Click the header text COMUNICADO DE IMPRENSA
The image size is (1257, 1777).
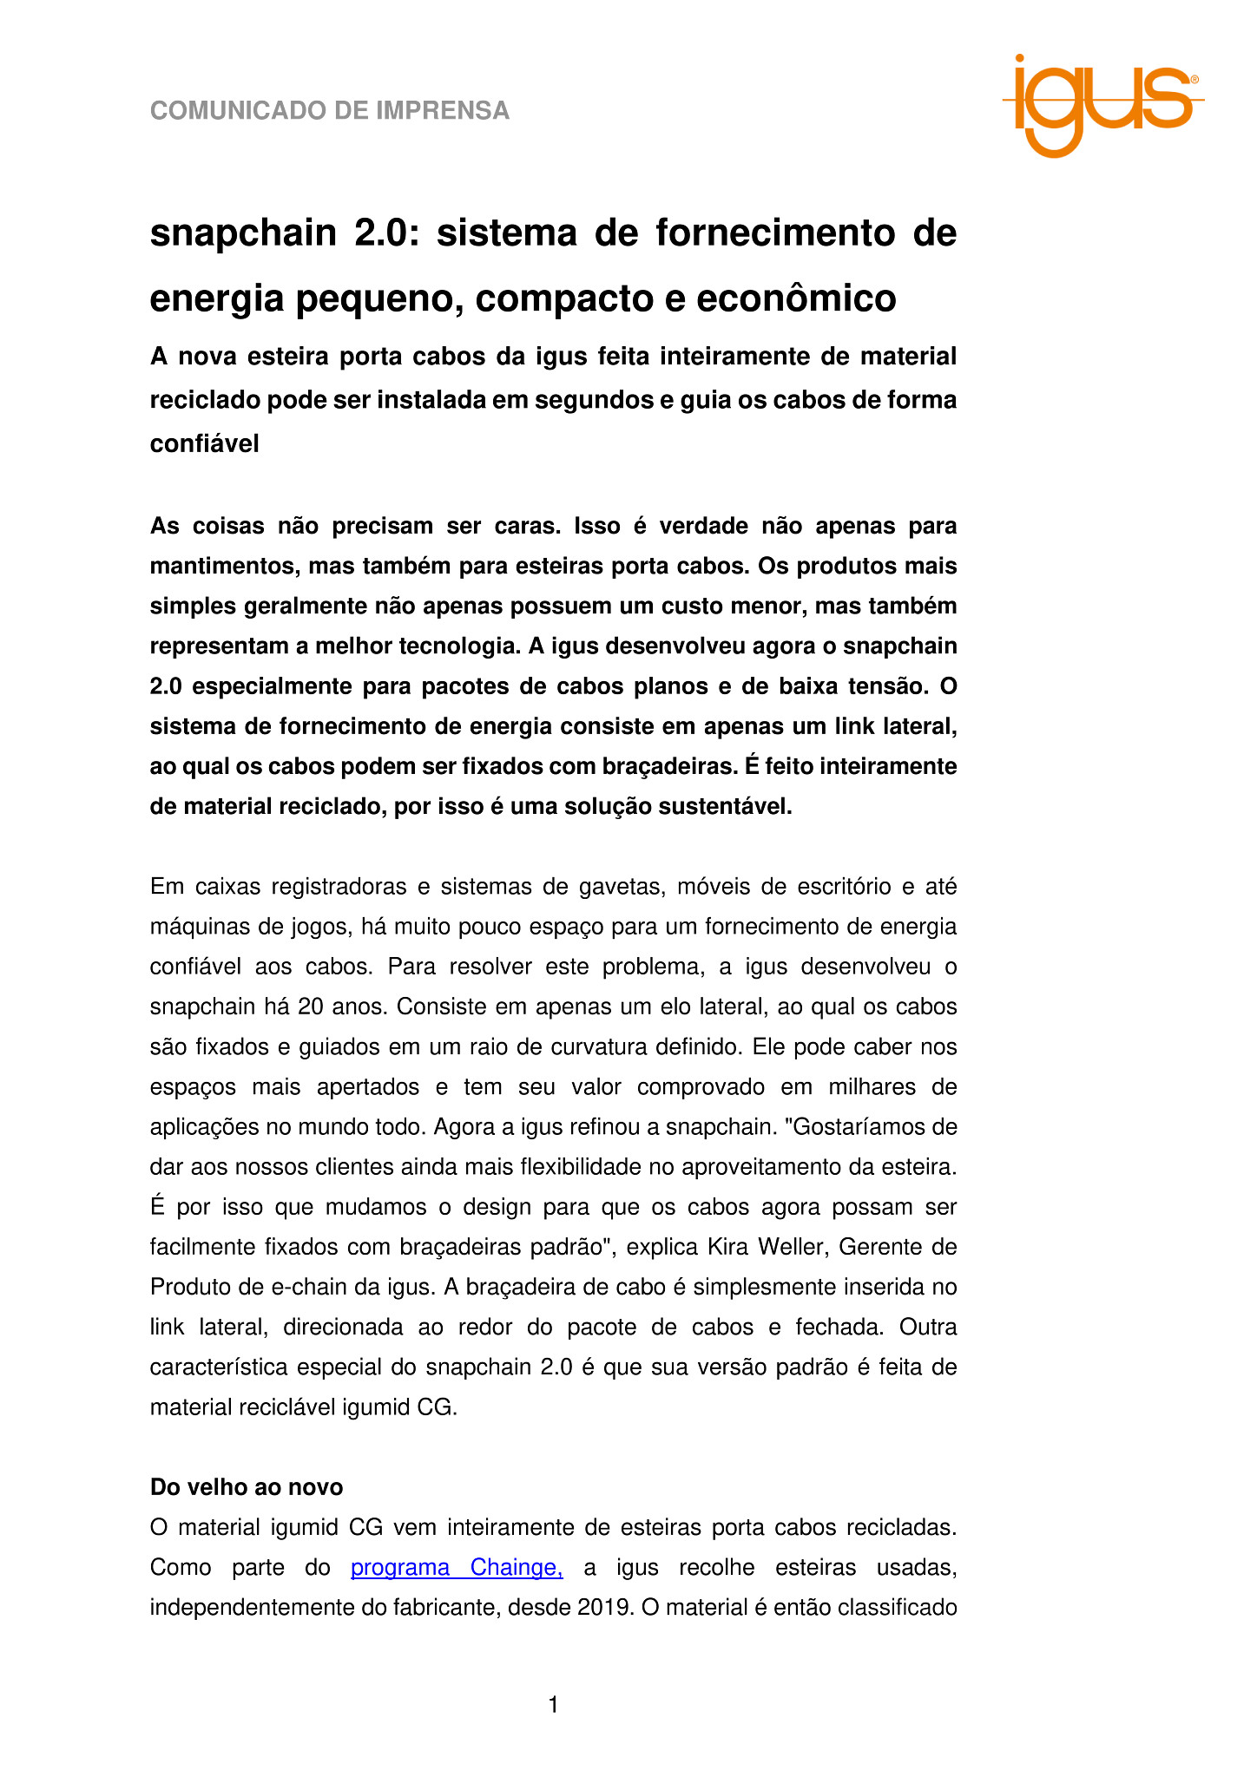(x=330, y=111)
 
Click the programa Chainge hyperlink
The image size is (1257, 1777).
(x=457, y=1567)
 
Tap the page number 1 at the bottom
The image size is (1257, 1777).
(x=554, y=1705)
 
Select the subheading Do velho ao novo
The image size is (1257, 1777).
(x=247, y=1487)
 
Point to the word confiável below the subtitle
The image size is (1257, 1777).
(x=205, y=444)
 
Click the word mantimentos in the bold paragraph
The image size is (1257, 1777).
(x=221, y=567)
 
